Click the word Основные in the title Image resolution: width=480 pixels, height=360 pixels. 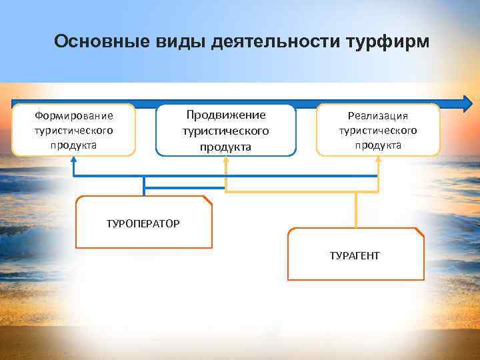94,42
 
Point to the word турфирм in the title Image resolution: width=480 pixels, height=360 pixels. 388,42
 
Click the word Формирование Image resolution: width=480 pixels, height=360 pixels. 73,116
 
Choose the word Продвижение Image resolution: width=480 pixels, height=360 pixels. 225,115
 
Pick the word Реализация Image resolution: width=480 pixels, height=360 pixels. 378,115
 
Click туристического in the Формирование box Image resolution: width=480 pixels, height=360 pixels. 73,130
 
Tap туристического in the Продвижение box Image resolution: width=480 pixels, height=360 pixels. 225,131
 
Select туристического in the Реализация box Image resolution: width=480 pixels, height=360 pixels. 378,130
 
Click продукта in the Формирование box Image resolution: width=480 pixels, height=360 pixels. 73,145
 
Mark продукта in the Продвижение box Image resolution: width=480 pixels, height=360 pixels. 225,147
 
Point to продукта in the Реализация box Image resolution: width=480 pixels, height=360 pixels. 378,145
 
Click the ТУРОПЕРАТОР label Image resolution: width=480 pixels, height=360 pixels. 143,223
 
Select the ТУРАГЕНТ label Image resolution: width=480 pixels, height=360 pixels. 355,255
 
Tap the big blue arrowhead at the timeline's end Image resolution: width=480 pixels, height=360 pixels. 466,103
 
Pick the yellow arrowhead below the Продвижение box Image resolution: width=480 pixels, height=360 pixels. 226,163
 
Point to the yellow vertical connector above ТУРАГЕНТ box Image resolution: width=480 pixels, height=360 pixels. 357,210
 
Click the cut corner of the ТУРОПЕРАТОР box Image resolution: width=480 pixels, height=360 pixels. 207,200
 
